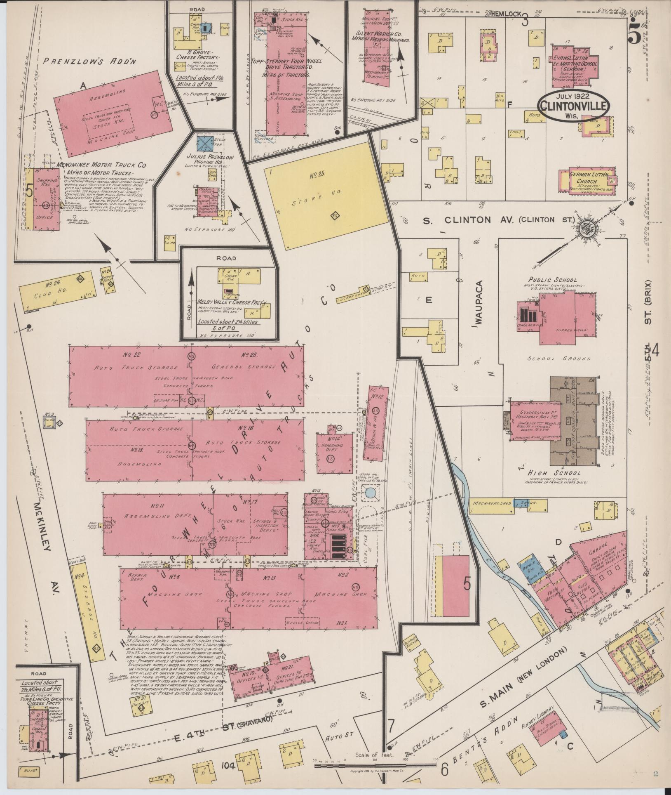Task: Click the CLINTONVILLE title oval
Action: [x=574, y=106]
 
